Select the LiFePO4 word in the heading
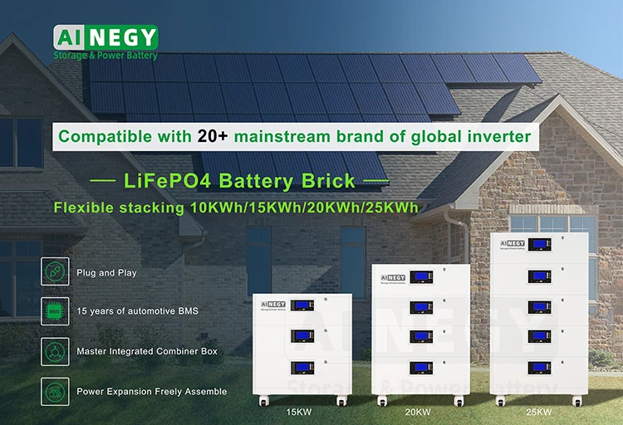click(x=161, y=181)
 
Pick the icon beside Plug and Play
click(x=54, y=271)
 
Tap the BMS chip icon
click(x=54, y=310)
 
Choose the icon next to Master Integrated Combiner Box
click(x=54, y=350)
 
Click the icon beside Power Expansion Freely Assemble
click(x=54, y=390)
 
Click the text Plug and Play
click(x=106, y=272)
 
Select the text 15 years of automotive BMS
click(x=137, y=311)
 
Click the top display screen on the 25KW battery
click(x=542, y=247)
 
